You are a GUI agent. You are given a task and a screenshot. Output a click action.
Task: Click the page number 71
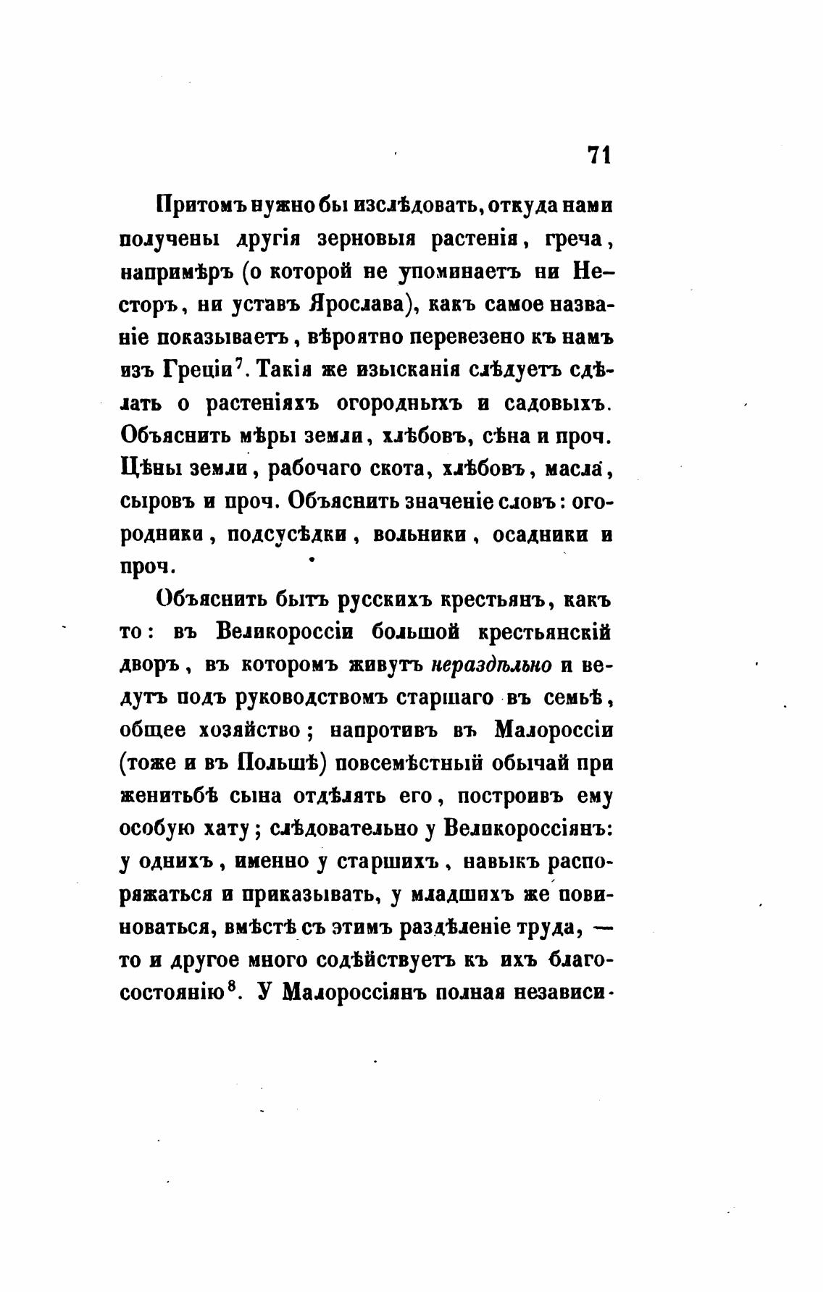pos(598,156)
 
